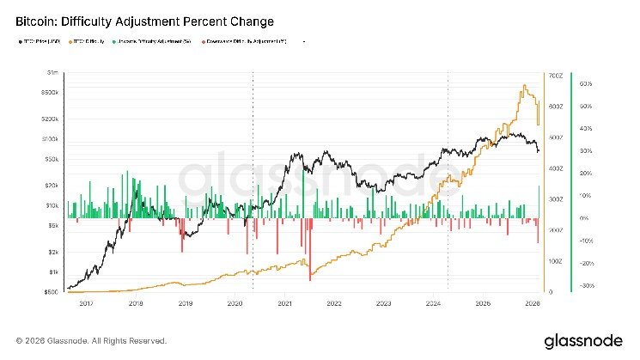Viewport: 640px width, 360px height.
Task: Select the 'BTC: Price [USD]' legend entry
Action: (40, 40)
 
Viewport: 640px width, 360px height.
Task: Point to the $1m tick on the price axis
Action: (53, 75)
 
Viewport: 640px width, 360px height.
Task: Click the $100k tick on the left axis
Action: (50, 138)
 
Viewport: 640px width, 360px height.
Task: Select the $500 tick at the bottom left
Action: (52, 292)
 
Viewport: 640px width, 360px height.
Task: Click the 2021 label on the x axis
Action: (284, 303)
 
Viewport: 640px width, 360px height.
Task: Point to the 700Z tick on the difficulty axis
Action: (556, 76)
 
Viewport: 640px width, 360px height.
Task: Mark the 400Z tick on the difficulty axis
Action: (556, 168)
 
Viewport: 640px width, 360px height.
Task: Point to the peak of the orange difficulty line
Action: (523, 86)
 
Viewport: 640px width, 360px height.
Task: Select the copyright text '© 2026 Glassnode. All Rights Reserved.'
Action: (86, 340)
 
